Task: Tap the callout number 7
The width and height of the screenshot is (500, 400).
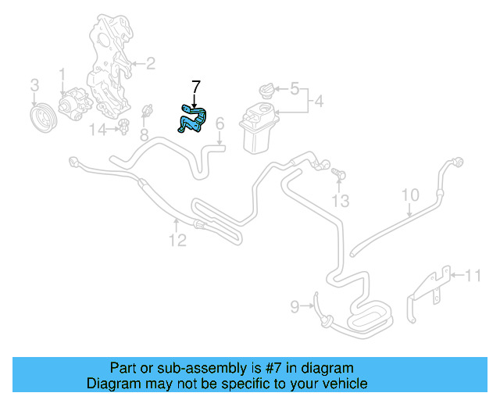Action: coord(195,87)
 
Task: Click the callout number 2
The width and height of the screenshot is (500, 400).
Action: coord(150,63)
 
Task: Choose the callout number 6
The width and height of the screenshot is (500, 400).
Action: coord(220,123)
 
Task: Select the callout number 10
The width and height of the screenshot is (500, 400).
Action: coord(410,195)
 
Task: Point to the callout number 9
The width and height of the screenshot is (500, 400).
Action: coord(295,307)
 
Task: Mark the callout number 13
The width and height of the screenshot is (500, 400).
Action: coord(338,202)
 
